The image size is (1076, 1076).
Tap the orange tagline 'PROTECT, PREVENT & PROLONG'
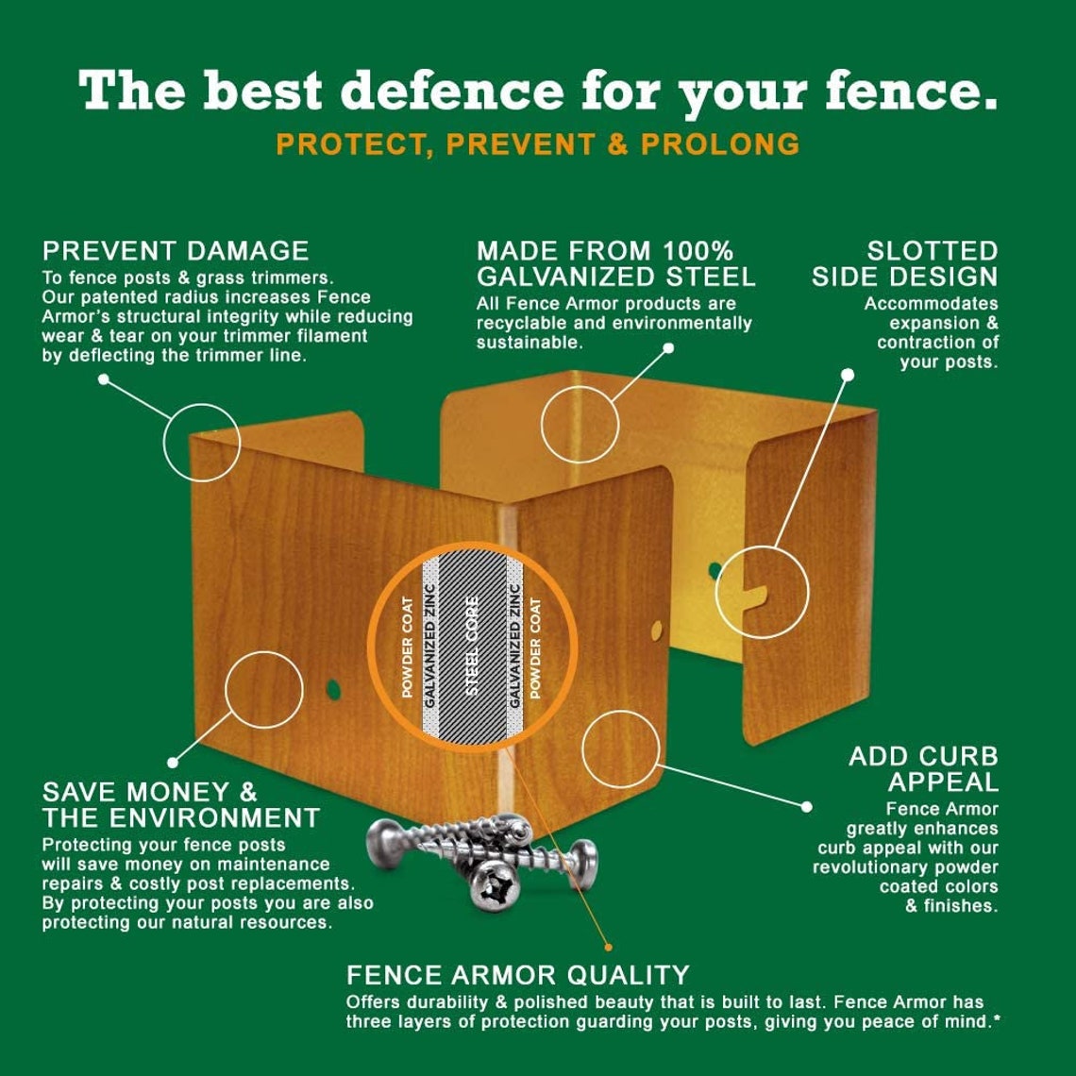coord(538,144)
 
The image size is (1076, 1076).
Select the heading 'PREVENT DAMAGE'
coord(176,251)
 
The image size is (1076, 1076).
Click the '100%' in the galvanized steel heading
coord(697,251)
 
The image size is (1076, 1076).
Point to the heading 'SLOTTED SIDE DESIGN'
coord(904,264)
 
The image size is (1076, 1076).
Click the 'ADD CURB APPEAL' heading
coord(923,769)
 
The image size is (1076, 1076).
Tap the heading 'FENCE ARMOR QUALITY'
coord(517,975)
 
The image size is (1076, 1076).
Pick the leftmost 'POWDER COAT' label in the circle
coord(408,647)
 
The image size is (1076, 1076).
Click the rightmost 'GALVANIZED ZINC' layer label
coord(515,646)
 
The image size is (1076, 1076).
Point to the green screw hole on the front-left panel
coord(333,690)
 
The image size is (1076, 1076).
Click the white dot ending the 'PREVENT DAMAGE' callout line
coord(104,379)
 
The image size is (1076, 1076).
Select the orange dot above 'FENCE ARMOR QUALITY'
coord(608,946)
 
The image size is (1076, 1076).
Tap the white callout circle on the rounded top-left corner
coord(202,442)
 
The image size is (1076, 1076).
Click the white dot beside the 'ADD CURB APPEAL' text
coord(806,807)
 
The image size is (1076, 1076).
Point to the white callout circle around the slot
coord(762,592)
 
